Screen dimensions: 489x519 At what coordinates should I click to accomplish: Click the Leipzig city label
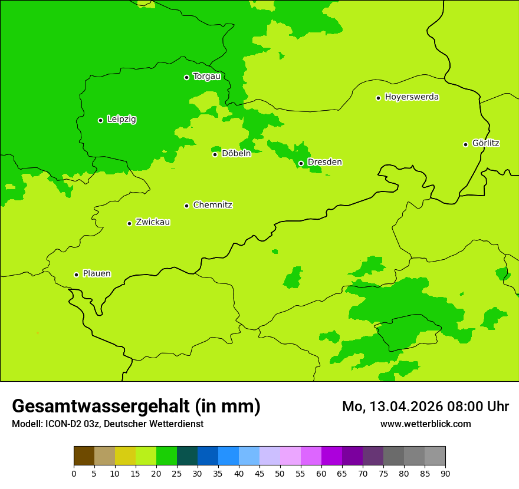(121, 120)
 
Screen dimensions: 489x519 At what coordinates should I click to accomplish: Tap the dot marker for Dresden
(301, 163)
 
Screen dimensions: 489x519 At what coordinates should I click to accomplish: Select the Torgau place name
(206, 77)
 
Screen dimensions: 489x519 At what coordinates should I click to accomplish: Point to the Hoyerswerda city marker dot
(378, 98)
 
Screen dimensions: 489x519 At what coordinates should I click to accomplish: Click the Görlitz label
(485, 143)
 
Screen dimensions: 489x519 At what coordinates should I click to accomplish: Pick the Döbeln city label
(236, 154)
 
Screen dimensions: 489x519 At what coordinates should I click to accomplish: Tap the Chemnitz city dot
(186, 206)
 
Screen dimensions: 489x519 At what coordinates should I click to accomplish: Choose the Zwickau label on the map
(153, 222)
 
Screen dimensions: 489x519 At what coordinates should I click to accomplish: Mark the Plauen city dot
(76, 275)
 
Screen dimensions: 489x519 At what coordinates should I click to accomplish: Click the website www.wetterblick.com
(425, 424)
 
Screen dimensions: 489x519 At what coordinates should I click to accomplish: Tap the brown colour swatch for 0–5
(84, 456)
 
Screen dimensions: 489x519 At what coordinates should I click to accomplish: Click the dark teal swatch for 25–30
(187, 456)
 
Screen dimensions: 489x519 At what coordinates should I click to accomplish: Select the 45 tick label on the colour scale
(259, 473)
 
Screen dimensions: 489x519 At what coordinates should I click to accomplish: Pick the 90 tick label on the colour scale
(445, 473)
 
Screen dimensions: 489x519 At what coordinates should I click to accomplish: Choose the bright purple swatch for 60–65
(331, 456)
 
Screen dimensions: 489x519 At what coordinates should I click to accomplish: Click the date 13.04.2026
(400, 407)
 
